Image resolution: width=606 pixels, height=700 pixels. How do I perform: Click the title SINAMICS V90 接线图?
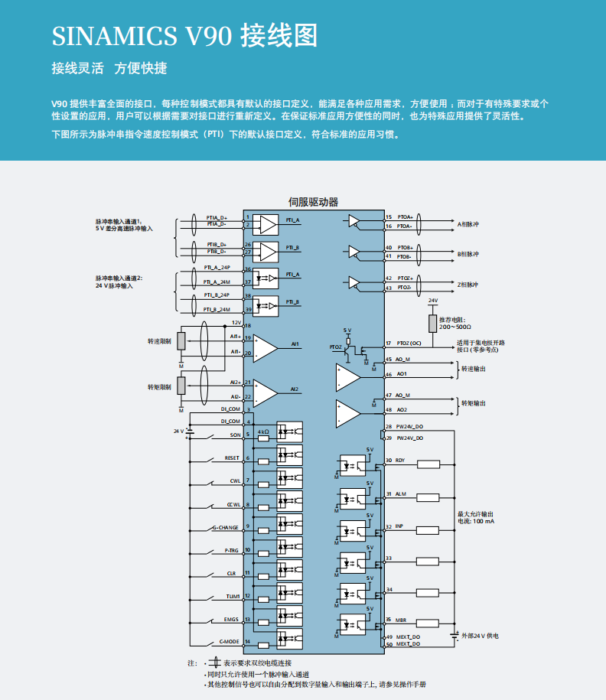pos(184,36)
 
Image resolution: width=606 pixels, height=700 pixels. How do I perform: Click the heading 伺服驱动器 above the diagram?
pos(313,202)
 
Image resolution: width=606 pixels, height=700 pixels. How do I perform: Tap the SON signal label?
pos(234,435)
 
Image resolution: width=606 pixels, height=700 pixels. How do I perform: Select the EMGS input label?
pos(231,620)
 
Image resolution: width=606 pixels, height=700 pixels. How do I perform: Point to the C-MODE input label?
pos(230,642)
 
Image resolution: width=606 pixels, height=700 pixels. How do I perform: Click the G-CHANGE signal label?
pos(226,528)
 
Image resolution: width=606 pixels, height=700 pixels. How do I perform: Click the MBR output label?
pos(400,620)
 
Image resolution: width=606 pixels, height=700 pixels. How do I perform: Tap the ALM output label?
pos(400,494)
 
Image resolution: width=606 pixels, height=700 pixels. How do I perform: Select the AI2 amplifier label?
pos(295,389)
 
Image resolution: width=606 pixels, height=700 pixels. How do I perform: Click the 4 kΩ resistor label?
pos(263,432)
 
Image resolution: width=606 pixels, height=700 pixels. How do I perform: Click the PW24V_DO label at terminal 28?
pos(409,426)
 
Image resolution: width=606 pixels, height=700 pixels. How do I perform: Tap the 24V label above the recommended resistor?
pos(433,301)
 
